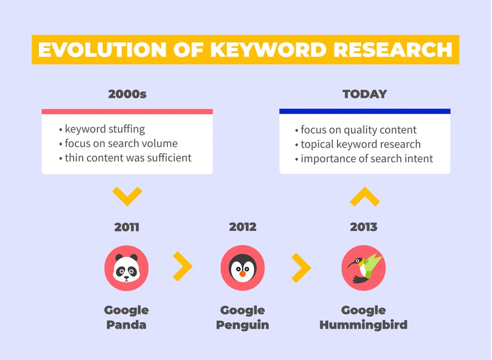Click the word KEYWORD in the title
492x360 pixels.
coord(268,50)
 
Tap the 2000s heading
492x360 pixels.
coord(127,94)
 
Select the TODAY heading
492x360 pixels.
coord(365,94)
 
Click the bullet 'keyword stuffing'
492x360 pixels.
coord(102,129)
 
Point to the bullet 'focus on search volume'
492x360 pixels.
coord(118,144)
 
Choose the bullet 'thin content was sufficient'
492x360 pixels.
coord(125,158)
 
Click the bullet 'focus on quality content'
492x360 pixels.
coord(356,130)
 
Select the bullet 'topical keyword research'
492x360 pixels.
coord(358,144)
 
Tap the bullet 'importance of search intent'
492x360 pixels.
coord(364,159)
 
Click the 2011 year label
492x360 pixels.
coord(126,227)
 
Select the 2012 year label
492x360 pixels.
coord(243,227)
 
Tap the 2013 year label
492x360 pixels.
coord(364,227)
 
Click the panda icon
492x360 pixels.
coord(126,268)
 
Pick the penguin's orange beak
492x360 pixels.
coord(243,274)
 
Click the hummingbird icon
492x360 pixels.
coord(364,268)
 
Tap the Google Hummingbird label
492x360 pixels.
coord(364,317)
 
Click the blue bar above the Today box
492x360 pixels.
coord(365,111)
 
